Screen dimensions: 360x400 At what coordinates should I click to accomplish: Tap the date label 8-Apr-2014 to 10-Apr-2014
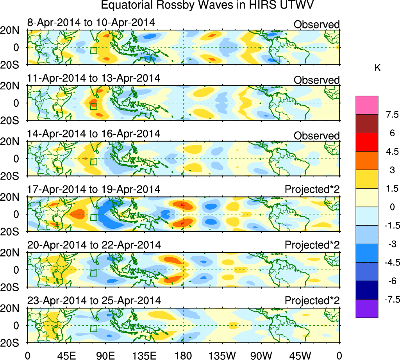point(91,23)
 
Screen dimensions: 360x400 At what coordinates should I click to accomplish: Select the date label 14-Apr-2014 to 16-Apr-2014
point(94,134)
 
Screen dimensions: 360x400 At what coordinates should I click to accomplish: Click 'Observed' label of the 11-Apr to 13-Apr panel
point(316,80)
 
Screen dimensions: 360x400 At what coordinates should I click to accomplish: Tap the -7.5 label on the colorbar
point(391,299)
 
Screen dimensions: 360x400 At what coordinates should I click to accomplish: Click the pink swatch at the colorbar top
point(367,105)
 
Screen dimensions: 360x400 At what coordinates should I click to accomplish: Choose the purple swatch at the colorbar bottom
point(367,308)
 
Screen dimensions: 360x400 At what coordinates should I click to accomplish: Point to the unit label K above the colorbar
point(377,68)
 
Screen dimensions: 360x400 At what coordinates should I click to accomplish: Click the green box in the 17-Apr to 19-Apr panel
point(93,217)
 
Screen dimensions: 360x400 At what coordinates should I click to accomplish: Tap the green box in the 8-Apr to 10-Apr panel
point(93,50)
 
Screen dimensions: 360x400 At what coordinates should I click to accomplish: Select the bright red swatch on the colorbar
point(367,142)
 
